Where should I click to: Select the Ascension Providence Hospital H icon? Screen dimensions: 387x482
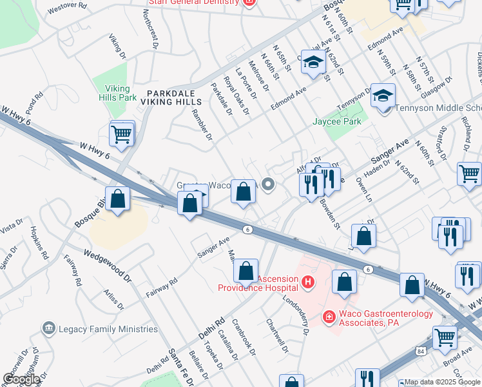(x=308, y=282)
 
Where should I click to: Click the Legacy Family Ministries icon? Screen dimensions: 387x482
(x=48, y=329)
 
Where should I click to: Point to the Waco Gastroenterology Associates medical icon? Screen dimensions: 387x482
(x=329, y=317)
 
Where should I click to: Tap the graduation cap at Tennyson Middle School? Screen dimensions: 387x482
(x=383, y=96)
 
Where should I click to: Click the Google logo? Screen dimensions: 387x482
(x=21, y=379)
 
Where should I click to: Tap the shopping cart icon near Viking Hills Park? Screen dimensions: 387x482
(x=121, y=134)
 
